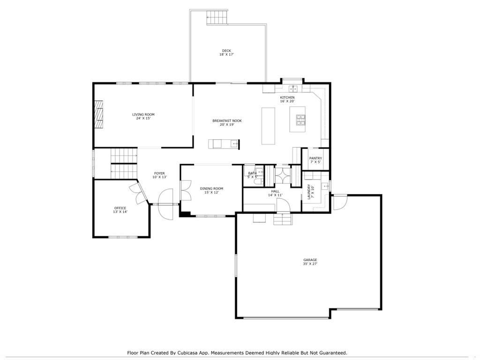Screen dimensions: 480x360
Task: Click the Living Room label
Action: point(143,116)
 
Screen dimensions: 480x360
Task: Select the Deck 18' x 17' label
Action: point(226,52)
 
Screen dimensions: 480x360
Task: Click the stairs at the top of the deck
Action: point(217,17)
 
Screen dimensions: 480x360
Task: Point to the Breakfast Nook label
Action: point(227,122)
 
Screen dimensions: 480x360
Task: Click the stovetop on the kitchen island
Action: point(300,120)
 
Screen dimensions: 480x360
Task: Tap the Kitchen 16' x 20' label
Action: point(287,99)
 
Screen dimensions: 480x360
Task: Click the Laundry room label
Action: point(310,191)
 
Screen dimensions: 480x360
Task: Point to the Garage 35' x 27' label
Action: point(310,262)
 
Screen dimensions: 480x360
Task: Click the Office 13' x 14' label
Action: point(120,210)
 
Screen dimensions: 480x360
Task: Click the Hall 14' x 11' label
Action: point(275,193)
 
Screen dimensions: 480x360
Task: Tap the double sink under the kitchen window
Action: point(293,89)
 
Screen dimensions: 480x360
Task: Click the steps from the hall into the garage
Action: point(283,219)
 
